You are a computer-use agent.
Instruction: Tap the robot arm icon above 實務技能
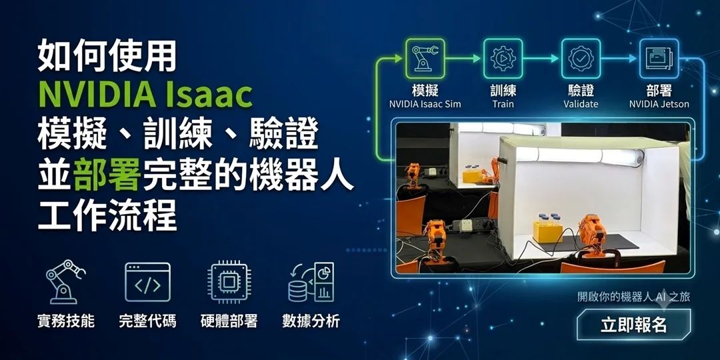tap(65, 282)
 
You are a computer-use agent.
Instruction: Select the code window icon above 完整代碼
tap(147, 282)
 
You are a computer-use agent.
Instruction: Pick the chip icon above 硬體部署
tap(229, 282)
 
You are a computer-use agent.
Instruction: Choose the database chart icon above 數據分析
tap(311, 282)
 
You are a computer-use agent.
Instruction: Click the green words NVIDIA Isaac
tap(145, 94)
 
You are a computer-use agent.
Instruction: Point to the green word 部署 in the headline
tap(107, 175)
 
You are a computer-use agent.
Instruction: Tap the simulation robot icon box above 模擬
tap(425, 58)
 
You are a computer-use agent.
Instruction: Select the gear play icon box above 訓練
tap(503, 58)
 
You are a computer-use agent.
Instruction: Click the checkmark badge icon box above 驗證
tap(581, 58)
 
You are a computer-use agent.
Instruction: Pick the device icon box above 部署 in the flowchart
tap(659, 58)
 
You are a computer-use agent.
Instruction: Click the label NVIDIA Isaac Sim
tap(425, 104)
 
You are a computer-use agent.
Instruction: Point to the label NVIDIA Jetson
tap(659, 104)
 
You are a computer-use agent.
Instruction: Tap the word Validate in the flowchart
tap(581, 104)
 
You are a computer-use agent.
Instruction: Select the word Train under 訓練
tap(503, 104)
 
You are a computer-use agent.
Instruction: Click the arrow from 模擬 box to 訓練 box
tap(463, 58)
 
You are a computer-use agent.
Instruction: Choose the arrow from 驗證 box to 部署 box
tap(619, 58)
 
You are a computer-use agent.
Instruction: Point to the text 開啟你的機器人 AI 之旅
tap(634, 297)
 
